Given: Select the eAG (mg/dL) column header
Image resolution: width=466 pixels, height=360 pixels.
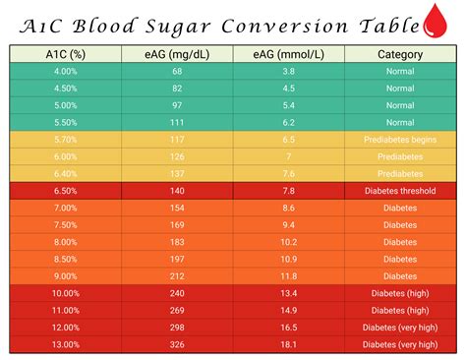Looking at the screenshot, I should pyautogui.click(x=177, y=55).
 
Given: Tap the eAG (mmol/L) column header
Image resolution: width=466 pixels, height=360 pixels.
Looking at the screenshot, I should pyautogui.click(x=288, y=55).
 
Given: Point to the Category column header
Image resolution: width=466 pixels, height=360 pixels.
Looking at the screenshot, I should pyautogui.click(x=399, y=55).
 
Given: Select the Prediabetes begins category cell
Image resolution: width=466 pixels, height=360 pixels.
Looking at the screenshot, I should pyautogui.click(x=399, y=140).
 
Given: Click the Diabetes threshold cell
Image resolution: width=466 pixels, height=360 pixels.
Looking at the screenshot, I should pyautogui.click(x=399, y=191).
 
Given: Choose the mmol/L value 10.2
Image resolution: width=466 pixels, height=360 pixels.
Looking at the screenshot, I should pyautogui.click(x=288, y=242).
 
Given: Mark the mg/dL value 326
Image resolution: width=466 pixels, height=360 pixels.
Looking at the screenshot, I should pyautogui.click(x=177, y=344).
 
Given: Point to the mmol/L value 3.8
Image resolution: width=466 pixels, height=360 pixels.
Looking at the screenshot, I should pyautogui.click(x=288, y=72).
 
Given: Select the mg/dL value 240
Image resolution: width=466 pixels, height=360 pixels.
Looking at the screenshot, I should pyautogui.click(x=177, y=293).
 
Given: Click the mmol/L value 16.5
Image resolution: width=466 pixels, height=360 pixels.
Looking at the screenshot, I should pyautogui.click(x=288, y=328).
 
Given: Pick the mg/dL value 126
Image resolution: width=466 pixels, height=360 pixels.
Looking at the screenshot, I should pyautogui.click(x=177, y=156).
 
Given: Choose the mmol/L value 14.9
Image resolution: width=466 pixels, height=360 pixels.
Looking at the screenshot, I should pyautogui.click(x=288, y=310).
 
